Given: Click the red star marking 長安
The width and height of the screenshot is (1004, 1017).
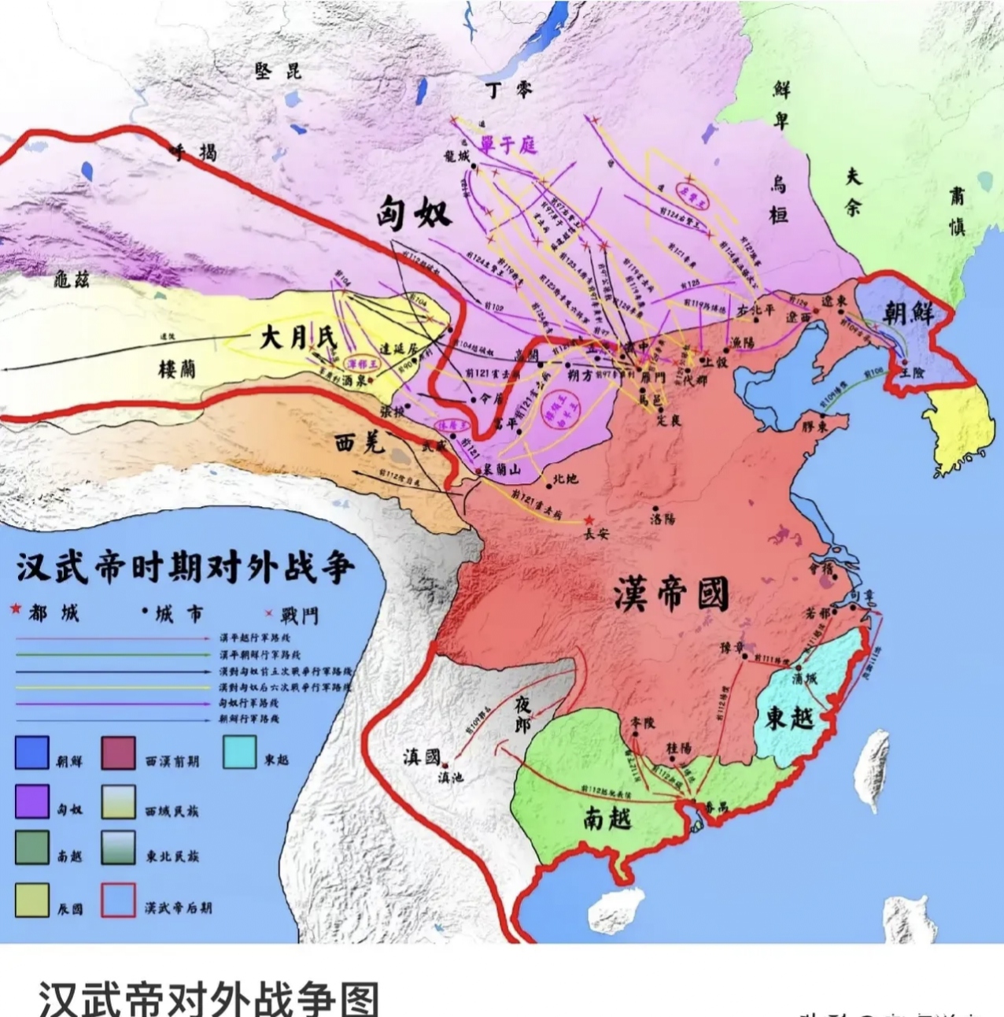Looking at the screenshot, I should (x=589, y=520).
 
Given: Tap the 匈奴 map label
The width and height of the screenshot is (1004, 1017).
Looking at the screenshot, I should (x=412, y=212).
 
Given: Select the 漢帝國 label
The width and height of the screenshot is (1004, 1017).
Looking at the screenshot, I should (x=671, y=594).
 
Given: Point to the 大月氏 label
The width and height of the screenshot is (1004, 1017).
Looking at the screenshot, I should (x=298, y=338).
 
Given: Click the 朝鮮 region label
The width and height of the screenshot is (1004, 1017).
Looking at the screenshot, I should (x=908, y=313).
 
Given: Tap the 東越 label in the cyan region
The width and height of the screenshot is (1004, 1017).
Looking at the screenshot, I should (x=788, y=717).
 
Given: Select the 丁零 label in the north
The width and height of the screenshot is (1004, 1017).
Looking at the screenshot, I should (x=508, y=91).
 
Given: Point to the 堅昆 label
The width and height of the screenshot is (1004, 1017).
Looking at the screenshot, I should (x=277, y=71).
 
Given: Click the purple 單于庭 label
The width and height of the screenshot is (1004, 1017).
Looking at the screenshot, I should (x=508, y=145).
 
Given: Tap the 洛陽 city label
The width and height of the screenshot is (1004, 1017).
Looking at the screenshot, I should (x=663, y=519).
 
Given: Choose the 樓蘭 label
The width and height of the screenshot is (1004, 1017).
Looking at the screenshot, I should (x=177, y=368).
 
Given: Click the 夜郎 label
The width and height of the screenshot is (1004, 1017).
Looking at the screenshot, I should (x=522, y=713).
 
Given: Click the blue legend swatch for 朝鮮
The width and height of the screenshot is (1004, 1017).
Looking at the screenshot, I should (x=32, y=753).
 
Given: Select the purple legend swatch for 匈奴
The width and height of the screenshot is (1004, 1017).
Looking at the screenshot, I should (x=32, y=801).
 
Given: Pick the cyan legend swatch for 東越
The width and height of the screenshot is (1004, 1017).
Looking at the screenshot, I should (x=240, y=753).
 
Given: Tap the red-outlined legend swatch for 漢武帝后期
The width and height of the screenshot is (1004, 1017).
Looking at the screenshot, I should (x=118, y=899).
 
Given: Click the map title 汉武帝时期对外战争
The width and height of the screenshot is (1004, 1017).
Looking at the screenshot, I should (x=185, y=568).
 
